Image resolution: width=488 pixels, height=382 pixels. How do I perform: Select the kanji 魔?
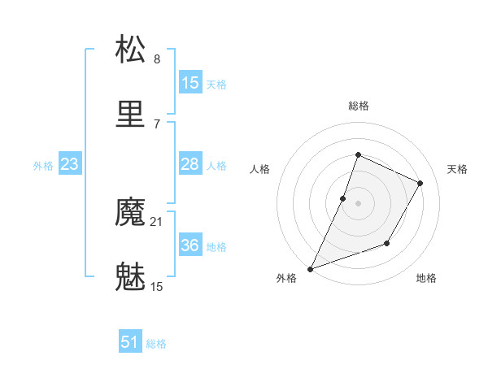(x=131, y=214)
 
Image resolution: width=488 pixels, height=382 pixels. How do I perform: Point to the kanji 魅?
(x=131, y=278)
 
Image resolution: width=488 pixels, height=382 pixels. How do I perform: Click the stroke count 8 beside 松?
(x=157, y=59)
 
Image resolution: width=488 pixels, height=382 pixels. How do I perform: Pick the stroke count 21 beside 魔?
(x=157, y=222)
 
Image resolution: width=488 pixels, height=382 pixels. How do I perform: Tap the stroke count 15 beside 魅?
(x=157, y=286)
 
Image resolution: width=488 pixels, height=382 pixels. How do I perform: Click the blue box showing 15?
(x=190, y=83)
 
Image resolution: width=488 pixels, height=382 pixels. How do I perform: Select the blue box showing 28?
(x=190, y=164)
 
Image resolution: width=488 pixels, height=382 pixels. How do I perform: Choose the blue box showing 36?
(x=190, y=245)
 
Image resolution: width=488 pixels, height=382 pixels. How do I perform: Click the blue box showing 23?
(x=70, y=164)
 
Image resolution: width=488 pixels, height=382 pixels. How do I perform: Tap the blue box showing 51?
(x=130, y=342)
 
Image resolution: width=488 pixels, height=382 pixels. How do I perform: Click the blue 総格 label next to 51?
(x=157, y=344)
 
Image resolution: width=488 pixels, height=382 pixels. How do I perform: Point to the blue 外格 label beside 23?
(x=43, y=166)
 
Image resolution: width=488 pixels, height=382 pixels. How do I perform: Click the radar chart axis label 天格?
(x=457, y=169)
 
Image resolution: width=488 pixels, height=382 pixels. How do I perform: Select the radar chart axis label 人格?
(x=260, y=169)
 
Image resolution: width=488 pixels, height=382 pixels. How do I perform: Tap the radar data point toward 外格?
(x=310, y=268)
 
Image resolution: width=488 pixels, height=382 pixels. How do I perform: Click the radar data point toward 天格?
(x=420, y=183)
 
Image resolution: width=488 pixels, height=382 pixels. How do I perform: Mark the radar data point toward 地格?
(x=387, y=243)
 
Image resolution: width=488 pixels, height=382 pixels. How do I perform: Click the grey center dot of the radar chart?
(x=358, y=202)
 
